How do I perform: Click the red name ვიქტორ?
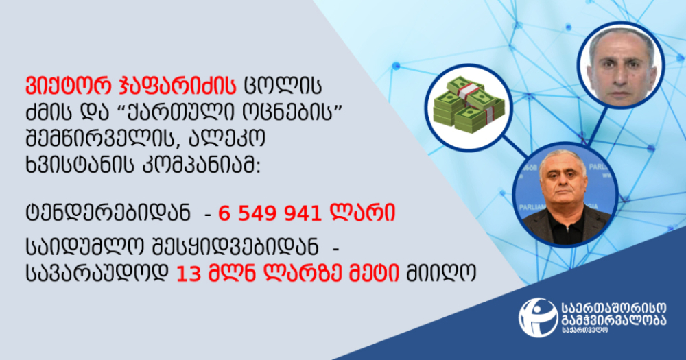click(x=65, y=86)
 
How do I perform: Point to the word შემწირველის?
click(x=102, y=139)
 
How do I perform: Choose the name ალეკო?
click(x=227, y=139)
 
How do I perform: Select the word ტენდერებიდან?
click(x=108, y=213)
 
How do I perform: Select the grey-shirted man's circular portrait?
click(x=620, y=64)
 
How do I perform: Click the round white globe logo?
click(x=538, y=317)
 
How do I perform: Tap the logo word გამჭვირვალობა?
click(x=613, y=320)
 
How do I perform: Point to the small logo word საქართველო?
click(x=584, y=331)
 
